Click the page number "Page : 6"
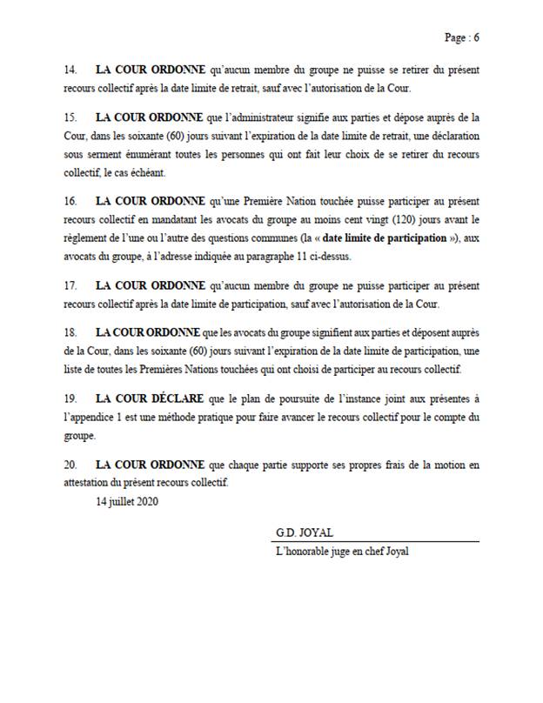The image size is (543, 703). (461, 37)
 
